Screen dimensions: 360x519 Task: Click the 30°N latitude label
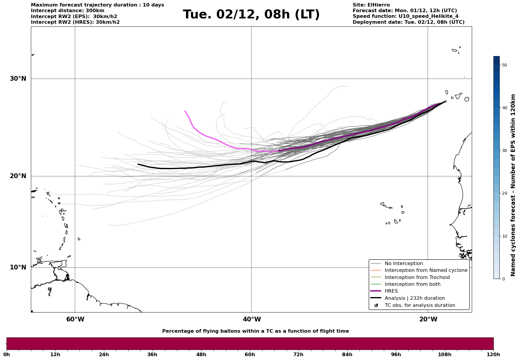pyautogui.click(x=18, y=79)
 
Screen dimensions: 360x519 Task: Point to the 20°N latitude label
pyautogui.click(x=18, y=176)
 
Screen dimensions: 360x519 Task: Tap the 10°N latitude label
pyautogui.click(x=18, y=267)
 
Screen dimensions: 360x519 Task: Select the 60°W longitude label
pyautogui.click(x=75, y=319)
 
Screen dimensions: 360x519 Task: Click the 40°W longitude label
pyautogui.click(x=252, y=319)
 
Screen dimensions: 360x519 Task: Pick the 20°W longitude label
pyautogui.click(x=428, y=319)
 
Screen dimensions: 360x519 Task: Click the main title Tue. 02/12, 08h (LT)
pyautogui.click(x=251, y=15)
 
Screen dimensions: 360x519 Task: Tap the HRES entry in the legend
pyautogui.click(x=391, y=291)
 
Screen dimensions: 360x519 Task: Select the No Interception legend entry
pyautogui.click(x=404, y=264)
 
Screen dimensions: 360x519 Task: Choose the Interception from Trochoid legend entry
pyautogui.click(x=417, y=277)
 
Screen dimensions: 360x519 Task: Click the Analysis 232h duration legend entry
pyautogui.click(x=414, y=298)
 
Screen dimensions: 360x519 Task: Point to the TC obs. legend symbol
pyautogui.click(x=376, y=305)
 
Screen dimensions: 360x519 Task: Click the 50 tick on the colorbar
pyautogui.click(x=504, y=65)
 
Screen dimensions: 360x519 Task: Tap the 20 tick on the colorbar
pyautogui.click(x=504, y=194)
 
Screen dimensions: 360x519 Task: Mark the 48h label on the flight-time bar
pyautogui.click(x=201, y=354)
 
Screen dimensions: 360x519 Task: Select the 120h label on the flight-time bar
pyautogui.click(x=493, y=354)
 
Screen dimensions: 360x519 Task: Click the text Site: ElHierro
pyautogui.click(x=371, y=5)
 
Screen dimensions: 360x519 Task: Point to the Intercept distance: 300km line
pyautogui.click(x=68, y=11)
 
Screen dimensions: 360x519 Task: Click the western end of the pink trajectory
pyautogui.click(x=185, y=111)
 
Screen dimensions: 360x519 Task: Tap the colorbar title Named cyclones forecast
pyautogui.click(x=513, y=185)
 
